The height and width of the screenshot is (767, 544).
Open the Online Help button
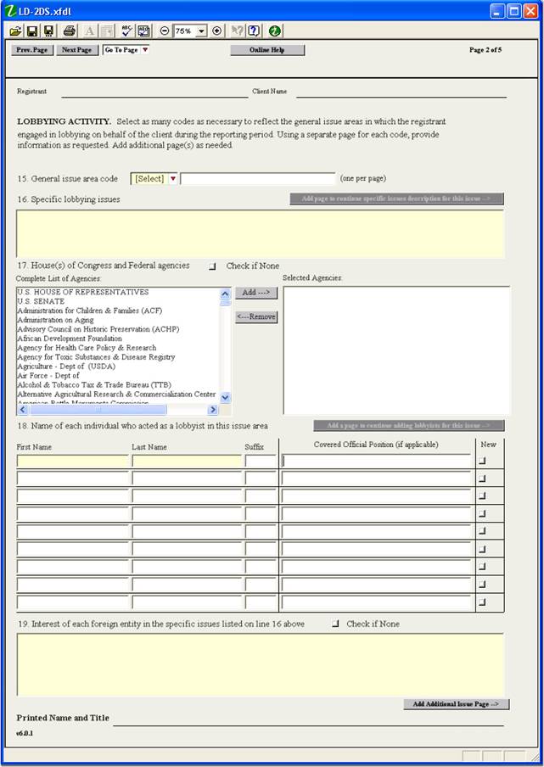tap(267, 50)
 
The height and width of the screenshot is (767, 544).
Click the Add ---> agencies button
tap(255, 293)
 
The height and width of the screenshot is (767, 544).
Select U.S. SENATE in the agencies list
tap(41, 301)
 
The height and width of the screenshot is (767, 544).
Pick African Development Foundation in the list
tap(70, 339)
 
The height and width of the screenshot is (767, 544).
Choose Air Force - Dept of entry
tap(48, 376)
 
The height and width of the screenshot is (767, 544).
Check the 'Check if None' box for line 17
tap(212, 266)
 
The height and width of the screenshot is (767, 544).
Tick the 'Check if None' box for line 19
tap(335, 624)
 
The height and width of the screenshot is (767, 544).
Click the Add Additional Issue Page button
tap(457, 704)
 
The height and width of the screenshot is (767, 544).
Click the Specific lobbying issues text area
tap(260, 233)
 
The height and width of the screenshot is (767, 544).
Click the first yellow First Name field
tap(73, 462)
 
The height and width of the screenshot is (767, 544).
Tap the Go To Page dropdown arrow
tap(145, 50)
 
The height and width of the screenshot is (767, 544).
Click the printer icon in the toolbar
tap(69, 31)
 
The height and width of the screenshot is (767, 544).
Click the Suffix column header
tap(253, 447)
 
